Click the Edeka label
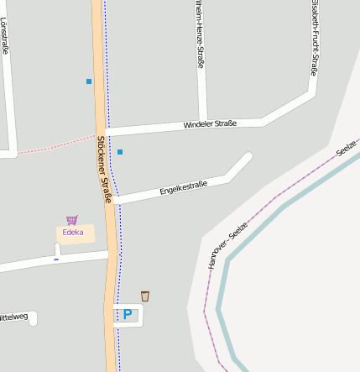pos(73,233)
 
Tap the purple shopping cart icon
pos(72,220)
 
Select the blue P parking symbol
pos(128,315)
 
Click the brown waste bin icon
pos(145,296)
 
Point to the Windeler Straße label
pos(210,124)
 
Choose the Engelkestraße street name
pos(183,188)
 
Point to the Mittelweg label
pos(13,317)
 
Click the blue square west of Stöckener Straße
pos(89,81)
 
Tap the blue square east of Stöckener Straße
pos(120,152)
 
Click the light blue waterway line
pos(277,210)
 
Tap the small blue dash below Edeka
pos(56,259)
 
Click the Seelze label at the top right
pos(346,149)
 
